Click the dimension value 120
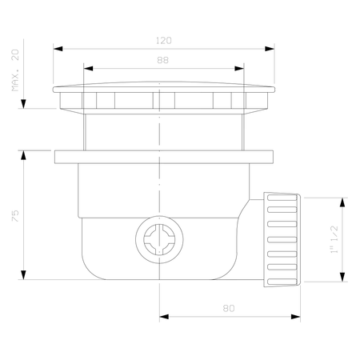[164, 41]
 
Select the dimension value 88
[162, 60]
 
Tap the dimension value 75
[15, 216]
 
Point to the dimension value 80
[229, 309]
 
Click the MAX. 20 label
[15, 70]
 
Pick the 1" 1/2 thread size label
[334, 239]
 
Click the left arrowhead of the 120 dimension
[58, 49]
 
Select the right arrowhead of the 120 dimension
[270, 49]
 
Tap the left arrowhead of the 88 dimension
[88, 69]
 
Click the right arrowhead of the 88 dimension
[239, 69]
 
